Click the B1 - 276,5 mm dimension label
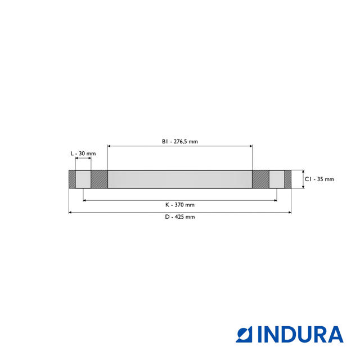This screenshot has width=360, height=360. tap(179, 142)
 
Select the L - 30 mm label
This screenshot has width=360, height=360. tap(83, 154)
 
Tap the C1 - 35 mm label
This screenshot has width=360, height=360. tap(319, 179)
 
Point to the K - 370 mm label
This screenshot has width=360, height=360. tap(179, 205)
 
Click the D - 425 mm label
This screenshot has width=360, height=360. tap(180, 217)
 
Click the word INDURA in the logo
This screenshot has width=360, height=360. tap(300, 334)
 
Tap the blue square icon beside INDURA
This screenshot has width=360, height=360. tap(245, 334)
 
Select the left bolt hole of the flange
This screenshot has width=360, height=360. tap(83, 179)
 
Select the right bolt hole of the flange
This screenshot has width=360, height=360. tap(277, 179)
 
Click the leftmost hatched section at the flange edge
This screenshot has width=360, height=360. tap(72, 179)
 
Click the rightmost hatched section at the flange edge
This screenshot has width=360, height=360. tap(287, 179)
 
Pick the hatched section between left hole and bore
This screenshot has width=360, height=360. tap(99, 179)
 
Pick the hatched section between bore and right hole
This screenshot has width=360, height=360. tap(260, 179)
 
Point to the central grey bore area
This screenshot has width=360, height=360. tap(179, 179)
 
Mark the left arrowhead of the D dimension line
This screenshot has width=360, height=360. tap(70, 212)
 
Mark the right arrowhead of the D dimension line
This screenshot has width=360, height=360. tap(289, 212)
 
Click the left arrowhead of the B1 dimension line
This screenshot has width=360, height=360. tap(109, 146)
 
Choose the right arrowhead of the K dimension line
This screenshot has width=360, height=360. tap(274, 200)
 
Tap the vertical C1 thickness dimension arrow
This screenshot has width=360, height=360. tap(303, 179)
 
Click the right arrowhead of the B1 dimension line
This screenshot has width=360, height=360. tap(250, 146)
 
